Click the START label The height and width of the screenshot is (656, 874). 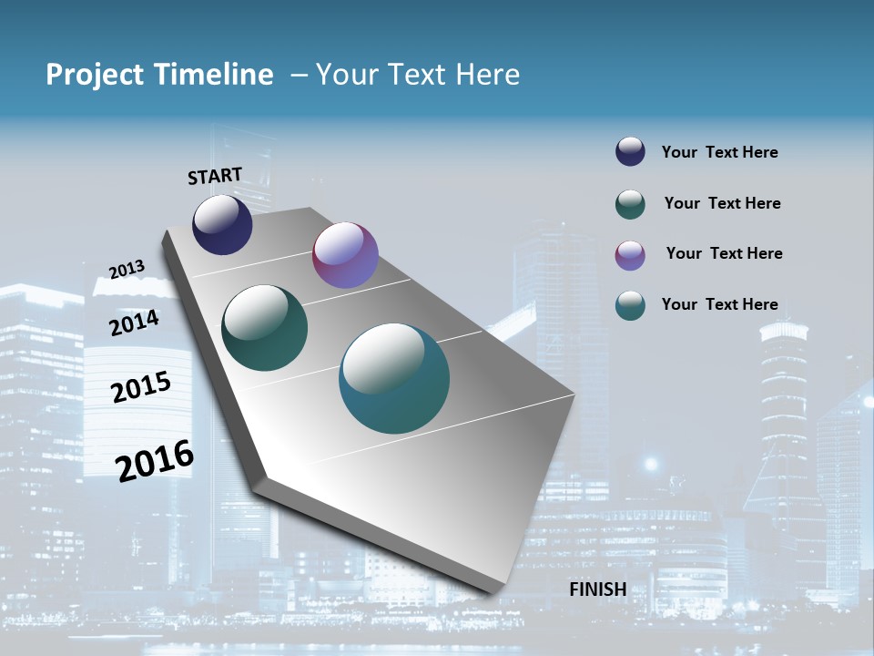215,176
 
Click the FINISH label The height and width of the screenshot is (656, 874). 597,589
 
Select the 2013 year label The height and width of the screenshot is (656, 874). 127,269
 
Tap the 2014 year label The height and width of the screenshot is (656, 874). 135,323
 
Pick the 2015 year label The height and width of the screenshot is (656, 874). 141,387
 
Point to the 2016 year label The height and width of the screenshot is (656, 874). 155,460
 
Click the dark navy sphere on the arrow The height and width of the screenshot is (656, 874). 222,224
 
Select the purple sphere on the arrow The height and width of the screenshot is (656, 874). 345,255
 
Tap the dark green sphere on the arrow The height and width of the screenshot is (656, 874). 264,328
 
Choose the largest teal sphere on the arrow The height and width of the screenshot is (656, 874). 394,378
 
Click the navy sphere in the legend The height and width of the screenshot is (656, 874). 630,152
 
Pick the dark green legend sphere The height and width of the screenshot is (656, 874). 630,204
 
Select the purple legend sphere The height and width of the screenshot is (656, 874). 630,255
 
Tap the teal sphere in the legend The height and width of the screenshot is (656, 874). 630,305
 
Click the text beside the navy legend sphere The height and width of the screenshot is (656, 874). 719,153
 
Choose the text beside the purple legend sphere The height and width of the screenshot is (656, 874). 724,253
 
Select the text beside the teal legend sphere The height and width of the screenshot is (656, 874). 719,304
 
